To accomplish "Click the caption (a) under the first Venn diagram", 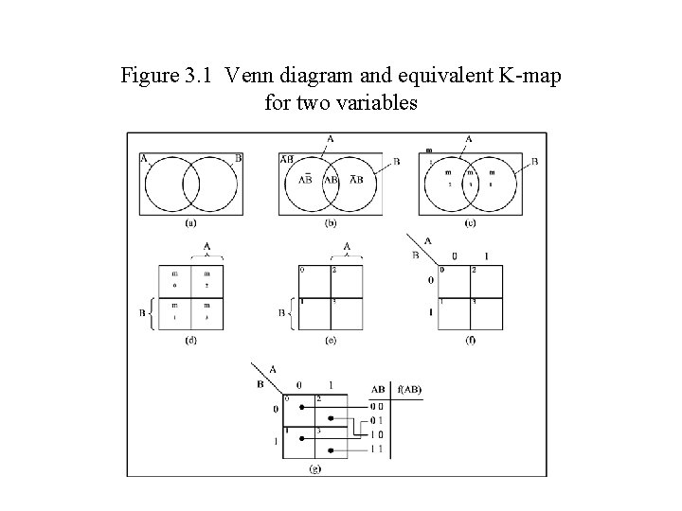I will pyautogui.click(x=190, y=224).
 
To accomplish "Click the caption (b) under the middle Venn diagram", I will pyautogui.click(x=331, y=224).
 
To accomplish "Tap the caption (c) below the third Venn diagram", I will pyautogui.click(x=471, y=224).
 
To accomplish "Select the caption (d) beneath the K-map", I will pyautogui.click(x=190, y=341).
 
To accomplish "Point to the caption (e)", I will pyautogui.click(x=331, y=341).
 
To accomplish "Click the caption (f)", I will pyautogui.click(x=471, y=341).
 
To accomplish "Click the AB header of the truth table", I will pyautogui.click(x=377, y=389).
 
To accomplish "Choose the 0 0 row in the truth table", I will pyautogui.click(x=377, y=405).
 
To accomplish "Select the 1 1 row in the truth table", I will pyautogui.click(x=377, y=449).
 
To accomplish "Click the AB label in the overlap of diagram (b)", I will pyautogui.click(x=331, y=180).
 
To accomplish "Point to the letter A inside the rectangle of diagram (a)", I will pyautogui.click(x=144, y=159).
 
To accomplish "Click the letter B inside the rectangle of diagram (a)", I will pyautogui.click(x=238, y=159).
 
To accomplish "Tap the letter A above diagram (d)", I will pyautogui.click(x=207, y=247).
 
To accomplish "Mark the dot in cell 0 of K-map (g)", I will pyautogui.click(x=301, y=405).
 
